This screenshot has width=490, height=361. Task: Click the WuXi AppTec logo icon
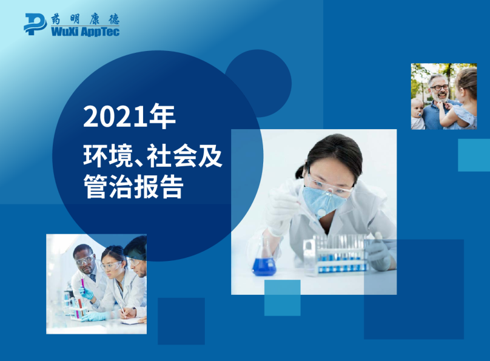[35, 24]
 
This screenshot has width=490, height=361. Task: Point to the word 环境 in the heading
[101, 157]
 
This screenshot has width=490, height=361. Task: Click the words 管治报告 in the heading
[133, 186]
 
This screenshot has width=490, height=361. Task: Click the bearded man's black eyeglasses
[440, 87]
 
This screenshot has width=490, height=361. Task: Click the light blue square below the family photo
[473, 155]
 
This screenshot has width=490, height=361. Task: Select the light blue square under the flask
[282, 297]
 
